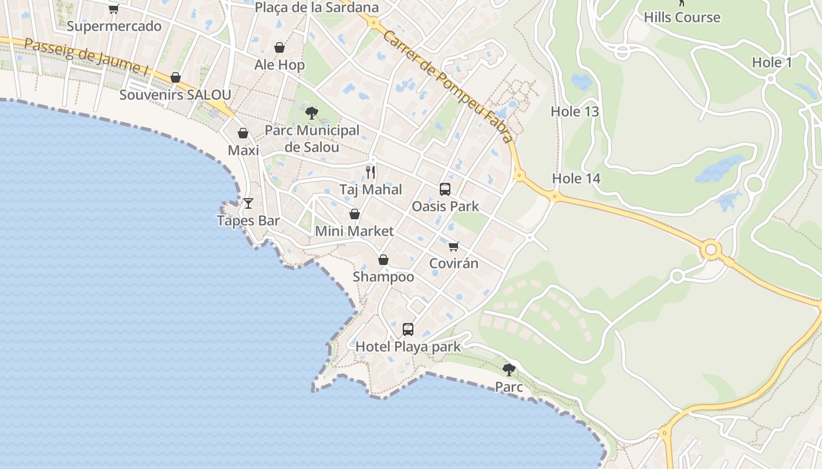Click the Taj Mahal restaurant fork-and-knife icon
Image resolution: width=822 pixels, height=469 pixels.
[x=370, y=172]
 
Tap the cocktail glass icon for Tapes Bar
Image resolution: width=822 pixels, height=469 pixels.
[x=248, y=203]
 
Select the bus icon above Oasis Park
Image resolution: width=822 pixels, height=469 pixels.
[x=445, y=189]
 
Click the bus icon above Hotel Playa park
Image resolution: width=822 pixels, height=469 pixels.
[x=408, y=329]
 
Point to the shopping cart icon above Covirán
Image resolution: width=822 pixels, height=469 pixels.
[x=453, y=246]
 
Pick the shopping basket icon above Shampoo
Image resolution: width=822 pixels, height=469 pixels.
[x=383, y=259]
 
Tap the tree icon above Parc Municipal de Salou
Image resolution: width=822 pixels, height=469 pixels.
[x=312, y=113]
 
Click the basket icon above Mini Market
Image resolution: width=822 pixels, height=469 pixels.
[x=355, y=214]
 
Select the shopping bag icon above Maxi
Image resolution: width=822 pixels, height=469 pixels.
[x=243, y=133]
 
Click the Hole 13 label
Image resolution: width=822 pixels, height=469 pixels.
[x=574, y=111]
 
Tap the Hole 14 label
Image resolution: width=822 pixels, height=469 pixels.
[x=576, y=179]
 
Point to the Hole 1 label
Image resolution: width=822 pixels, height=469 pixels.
[x=772, y=63]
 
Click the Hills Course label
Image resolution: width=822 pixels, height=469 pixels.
[x=682, y=18]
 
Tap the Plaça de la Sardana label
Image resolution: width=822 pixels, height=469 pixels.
[x=317, y=8]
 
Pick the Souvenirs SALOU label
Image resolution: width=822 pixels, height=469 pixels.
[x=175, y=95]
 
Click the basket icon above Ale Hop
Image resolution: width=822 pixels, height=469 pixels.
[x=279, y=47]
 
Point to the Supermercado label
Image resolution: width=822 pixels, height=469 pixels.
[x=114, y=26]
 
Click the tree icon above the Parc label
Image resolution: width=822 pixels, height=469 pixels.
[x=508, y=369]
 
